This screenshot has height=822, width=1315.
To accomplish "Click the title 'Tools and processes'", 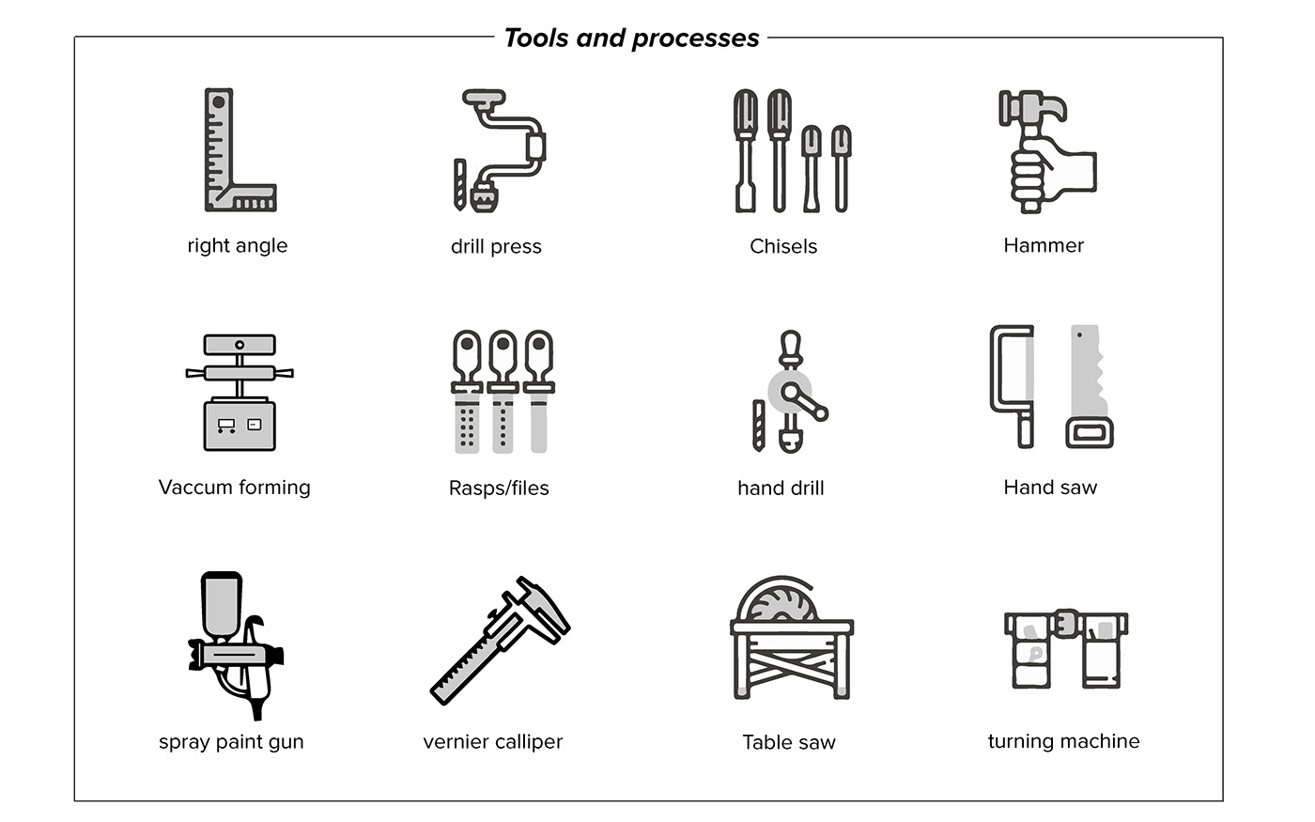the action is [631, 39].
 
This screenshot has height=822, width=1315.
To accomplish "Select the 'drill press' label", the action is [496, 246].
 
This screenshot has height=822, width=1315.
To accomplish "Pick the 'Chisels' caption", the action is [783, 246].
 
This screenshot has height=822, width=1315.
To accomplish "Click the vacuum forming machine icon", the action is [239, 393].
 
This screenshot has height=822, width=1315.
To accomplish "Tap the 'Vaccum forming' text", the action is [234, 488].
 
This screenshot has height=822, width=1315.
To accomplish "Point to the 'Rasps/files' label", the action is [499, 488].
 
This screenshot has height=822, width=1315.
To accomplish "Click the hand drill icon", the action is [790, 392].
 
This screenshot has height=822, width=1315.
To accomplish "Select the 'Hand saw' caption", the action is [1050, 488].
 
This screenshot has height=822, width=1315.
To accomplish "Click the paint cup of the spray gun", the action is [222, 605].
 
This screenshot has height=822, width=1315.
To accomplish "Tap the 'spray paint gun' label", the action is [231, 741].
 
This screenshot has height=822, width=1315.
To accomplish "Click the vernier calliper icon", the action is [500, 640].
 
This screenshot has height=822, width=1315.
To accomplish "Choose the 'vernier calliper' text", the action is [492, 741].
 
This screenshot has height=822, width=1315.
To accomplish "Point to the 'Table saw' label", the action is [788, 742].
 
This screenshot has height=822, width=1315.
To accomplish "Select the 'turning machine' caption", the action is [1063, 741].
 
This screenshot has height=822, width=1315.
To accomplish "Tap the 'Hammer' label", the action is [1044, 245].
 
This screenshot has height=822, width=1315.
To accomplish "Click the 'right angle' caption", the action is [237, 245].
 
